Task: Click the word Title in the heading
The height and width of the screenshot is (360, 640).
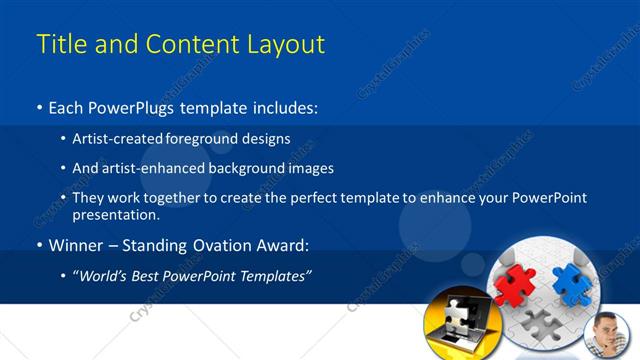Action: [x=58, y=44]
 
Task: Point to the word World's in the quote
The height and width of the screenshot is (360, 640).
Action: [x=105, y=274]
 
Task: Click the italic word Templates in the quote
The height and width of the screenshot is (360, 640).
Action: [x=276, y=274]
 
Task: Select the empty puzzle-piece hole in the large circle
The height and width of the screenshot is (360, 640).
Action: [x=540, y=323]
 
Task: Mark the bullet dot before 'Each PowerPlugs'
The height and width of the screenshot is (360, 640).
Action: [x=40, y=106]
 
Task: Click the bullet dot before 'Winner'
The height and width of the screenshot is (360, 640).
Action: [x=40, y=244]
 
